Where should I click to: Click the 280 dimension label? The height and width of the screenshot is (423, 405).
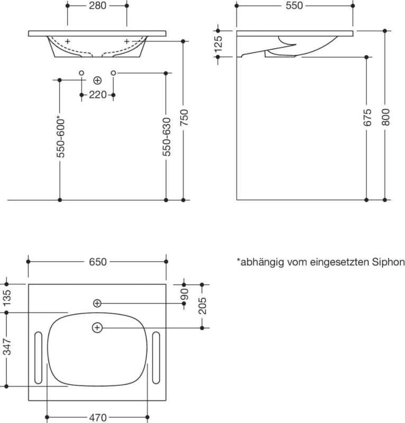(x=98, y=6)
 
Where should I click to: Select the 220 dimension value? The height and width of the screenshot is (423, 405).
(x=98, y=95)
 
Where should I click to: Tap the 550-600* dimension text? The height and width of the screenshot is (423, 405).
(x=60, y=136)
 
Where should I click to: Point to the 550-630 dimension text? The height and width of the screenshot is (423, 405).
(x=167, y=136)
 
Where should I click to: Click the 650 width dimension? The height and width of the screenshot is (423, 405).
(x=98, y=262)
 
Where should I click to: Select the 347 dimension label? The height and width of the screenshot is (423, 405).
(x=7, y=348)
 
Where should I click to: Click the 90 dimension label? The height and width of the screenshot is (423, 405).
(x=185, y=294)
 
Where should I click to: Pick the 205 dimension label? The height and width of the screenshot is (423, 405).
(x=203, y=306)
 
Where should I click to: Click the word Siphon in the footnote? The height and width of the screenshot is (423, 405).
(x=388, y=262)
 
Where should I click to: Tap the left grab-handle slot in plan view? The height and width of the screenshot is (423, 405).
(x=38, y=358)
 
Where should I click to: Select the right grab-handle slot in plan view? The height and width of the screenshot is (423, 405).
(x=157, y=358)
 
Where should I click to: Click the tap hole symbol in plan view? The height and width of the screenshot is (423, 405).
(x=97, y=303)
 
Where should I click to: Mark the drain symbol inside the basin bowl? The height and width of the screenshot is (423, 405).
(x=97, y=328)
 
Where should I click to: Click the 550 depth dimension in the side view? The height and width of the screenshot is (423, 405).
(x=294, y=6)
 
